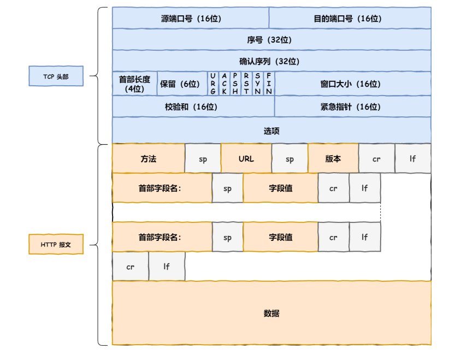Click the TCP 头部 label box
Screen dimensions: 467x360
point(56,76)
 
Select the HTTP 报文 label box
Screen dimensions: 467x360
point(56,244)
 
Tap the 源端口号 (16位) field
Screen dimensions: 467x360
point(191,18)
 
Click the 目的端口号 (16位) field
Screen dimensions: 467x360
point(350,18)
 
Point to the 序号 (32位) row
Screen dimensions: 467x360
point(271,39)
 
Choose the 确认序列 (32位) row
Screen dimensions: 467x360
point(271,61)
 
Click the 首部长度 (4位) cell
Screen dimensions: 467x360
point(134,84)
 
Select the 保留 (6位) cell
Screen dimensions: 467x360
point(182,84)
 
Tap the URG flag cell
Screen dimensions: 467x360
point(213,84)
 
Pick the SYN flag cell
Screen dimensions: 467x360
point(258,84)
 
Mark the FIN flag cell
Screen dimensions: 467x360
point(269,84)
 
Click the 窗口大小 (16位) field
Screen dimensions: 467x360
point(353,84)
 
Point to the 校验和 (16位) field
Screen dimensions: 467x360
point(193,107)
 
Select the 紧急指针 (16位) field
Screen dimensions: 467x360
point(353,107)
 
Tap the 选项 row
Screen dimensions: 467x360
point(271,131)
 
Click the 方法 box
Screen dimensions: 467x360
point(149,158)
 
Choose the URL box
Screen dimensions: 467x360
point(246,158)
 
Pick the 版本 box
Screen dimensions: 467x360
point(333,158)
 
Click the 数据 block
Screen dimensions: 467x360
point(271,313)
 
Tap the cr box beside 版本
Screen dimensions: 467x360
point(377,158)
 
